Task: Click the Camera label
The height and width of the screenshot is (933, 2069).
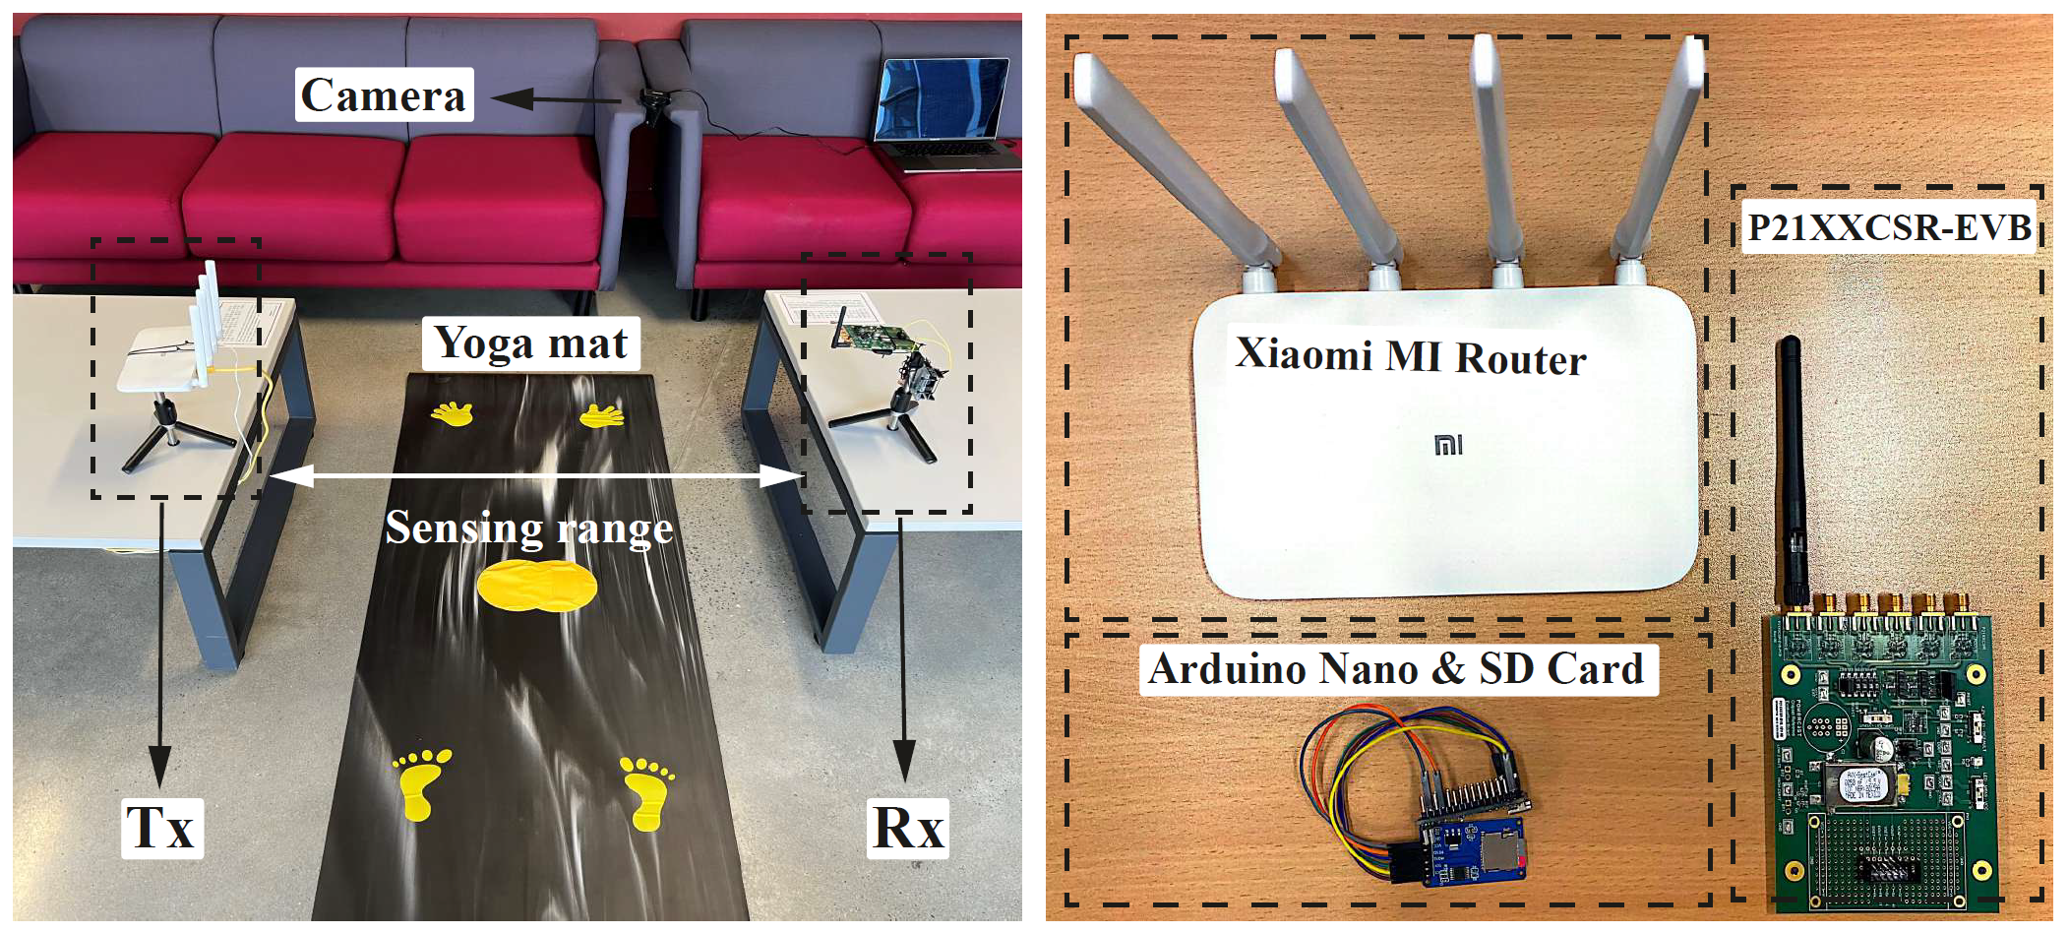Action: [384, 95]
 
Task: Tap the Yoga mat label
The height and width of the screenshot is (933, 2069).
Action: [530, 343]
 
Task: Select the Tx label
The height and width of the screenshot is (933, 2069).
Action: [161, 828]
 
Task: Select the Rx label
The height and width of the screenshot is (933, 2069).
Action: [907, 828]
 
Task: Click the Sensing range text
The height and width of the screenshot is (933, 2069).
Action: [528, 528]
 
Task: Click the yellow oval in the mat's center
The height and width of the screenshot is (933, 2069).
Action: [537, 587]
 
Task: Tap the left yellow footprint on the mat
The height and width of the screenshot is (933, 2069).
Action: [420, 782]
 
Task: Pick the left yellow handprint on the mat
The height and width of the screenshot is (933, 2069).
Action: [453, 413]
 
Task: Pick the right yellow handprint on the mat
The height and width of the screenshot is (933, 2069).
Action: [602, 416]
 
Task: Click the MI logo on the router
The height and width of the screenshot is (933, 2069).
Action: [1448, 446]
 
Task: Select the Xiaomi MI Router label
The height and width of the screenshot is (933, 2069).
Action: [1410, 355]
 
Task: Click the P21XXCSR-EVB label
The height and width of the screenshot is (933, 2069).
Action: [1888, 227]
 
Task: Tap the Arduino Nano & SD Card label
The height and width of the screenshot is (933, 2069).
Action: [1397, 669]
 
